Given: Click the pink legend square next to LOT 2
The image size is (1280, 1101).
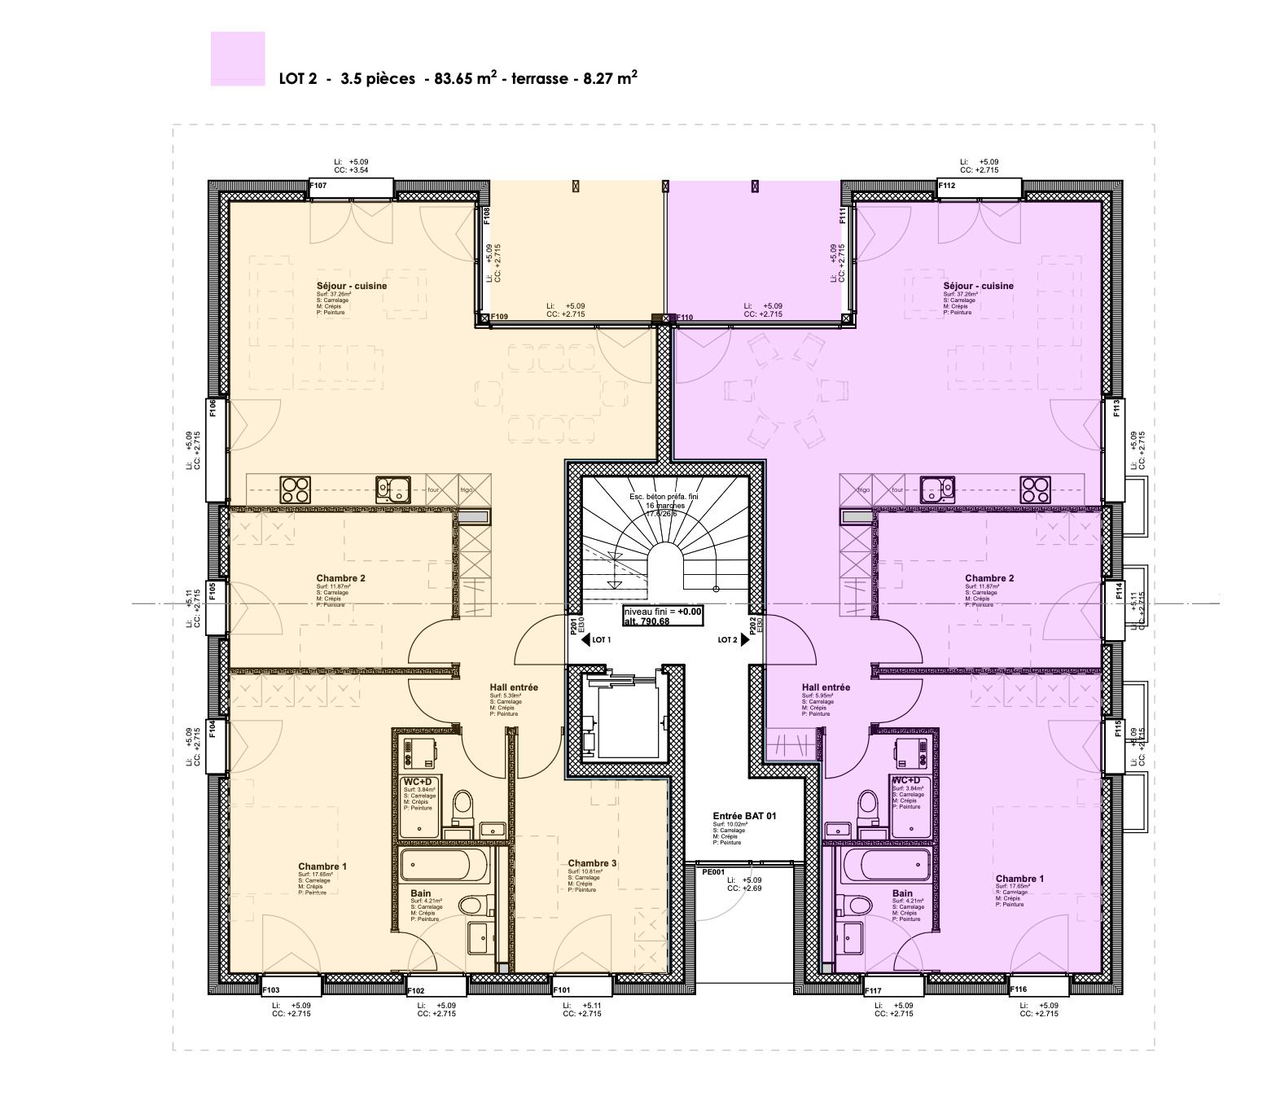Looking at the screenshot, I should [238, 59].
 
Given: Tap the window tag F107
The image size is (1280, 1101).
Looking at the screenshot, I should [318, 186].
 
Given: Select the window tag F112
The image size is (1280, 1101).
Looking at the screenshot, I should [947, 186].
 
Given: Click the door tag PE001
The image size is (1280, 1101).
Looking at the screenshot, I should [713, 871].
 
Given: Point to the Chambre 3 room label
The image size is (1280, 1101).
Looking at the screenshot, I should [592, 863].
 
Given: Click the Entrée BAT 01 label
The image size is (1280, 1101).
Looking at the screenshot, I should [744, 815].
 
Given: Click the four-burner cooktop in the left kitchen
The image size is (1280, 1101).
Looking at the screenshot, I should [296, 489].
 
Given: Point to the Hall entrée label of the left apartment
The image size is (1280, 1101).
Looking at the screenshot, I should [514, 687].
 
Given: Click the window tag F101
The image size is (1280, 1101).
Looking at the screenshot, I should [562, 990].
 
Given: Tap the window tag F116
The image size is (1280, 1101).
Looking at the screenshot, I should [1018, 990].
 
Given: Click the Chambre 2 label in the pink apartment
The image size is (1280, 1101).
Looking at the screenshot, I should [989, 578].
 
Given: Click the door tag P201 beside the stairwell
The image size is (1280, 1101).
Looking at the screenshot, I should [574, 625].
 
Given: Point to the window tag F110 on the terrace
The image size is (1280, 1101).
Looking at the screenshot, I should [684, 318].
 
